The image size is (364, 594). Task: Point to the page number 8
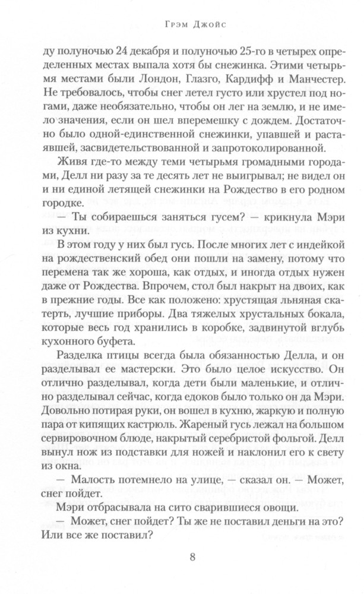click(x=192, y=557)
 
